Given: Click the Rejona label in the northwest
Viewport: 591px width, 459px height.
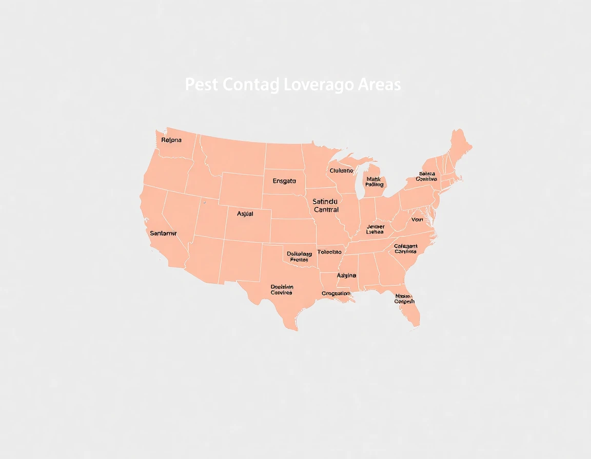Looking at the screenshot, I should [x=171, y=140].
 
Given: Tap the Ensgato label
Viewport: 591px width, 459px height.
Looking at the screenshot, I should [x=284, y=181].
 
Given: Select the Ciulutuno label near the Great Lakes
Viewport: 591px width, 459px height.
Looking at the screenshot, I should [x=341, y=171].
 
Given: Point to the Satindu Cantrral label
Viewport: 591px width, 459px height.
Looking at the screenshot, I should [x=326, y=206].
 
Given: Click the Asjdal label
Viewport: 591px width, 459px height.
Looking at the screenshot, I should [x=245, y=214].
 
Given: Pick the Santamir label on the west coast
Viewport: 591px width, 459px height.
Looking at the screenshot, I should [x=163, y=233].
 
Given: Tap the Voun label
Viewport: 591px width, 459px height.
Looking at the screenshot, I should [x=417, y=219].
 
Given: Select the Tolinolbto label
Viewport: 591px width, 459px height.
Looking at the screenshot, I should [x=329, y=252].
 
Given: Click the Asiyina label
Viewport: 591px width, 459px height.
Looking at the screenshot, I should [x=347, y=276].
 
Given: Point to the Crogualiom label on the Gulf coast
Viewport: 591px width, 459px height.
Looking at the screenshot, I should [x=336, y=294].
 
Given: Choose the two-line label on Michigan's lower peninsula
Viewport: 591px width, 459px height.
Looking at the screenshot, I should [x=375, y=182].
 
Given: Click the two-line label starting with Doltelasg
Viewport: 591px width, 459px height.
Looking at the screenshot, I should [x=299, y=257].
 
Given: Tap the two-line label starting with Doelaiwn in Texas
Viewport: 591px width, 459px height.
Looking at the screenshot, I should [x=281, y=290].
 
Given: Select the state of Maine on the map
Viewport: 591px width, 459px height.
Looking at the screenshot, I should [x=459, y=146].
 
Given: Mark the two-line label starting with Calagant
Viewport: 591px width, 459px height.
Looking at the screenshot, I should [x=406, y=249].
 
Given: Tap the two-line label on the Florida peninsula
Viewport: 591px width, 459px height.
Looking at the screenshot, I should [x=405, y=299].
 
